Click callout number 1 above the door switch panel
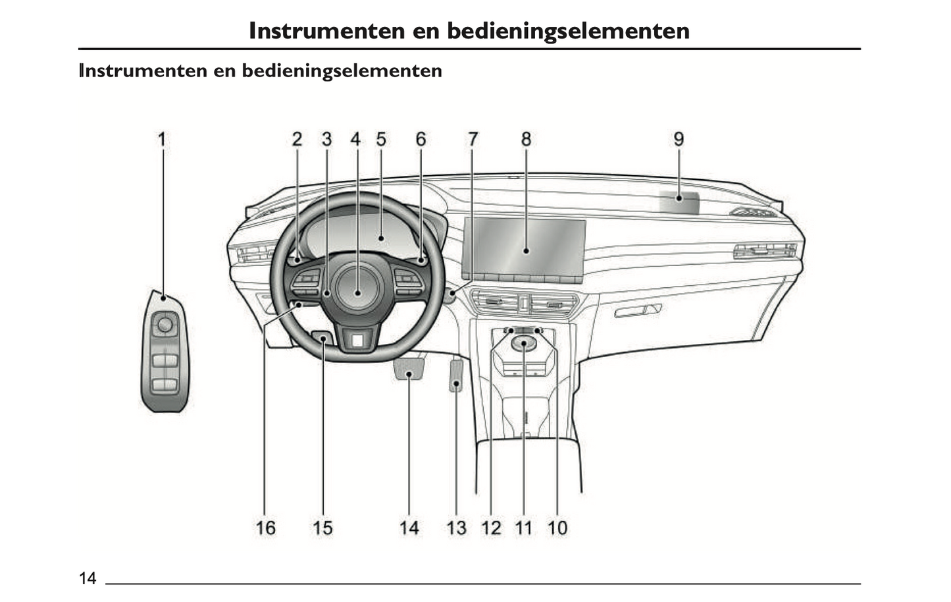click(162, 139)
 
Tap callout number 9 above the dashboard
click(679, 139)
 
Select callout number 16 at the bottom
click(266, 528)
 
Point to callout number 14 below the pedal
click(409, 528)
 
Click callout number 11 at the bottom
click(523, 528)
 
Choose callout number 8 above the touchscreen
click(526, 139)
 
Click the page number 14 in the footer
click(88, 578)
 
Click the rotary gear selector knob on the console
click(525, 344)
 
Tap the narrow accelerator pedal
click(456, 375)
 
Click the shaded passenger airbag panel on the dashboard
click(679, 202)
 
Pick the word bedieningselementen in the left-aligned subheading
click(342, 70)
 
